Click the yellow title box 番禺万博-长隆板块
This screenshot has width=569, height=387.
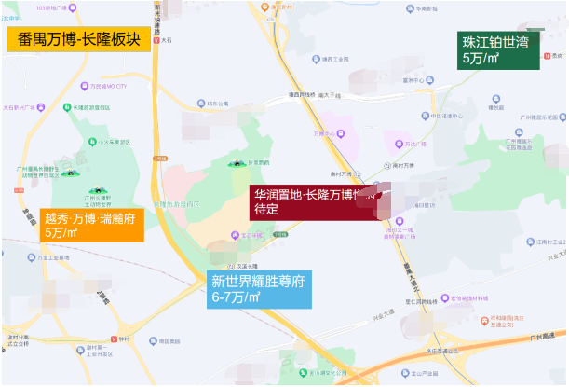coord(77,40)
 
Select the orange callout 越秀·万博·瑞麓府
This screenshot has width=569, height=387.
coord(92,225)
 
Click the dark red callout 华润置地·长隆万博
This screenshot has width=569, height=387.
coord(312,201)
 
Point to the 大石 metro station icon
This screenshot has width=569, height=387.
coord(156,41)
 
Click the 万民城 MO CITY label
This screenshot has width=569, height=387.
coord(108,86)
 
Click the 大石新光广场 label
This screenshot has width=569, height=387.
coord(19,107)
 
